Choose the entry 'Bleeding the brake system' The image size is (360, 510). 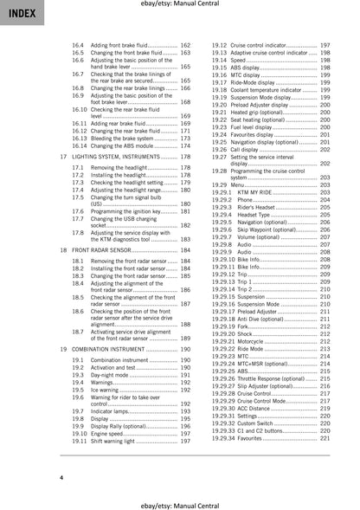pyautogui.click(x=122, y=139)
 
